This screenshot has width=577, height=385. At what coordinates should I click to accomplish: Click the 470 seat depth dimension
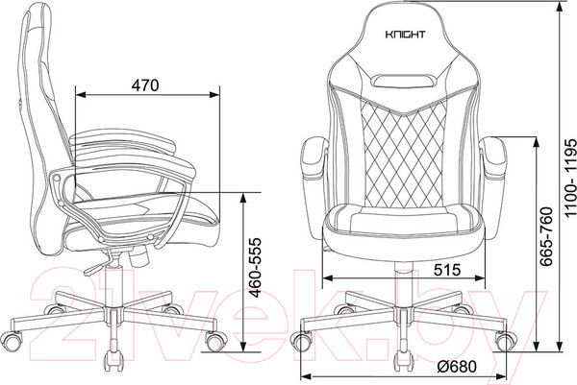coord(145,85)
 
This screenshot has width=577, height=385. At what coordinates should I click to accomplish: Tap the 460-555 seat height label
coord(254,268)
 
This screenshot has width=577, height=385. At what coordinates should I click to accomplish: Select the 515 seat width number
coord(447,270)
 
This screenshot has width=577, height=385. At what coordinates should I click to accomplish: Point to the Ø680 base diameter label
coord(458,366)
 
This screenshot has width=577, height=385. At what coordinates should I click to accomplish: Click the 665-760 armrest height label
coord(546,236)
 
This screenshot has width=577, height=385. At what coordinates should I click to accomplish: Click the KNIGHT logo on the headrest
coord(405,35)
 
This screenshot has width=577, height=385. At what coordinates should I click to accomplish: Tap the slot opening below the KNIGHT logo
coord(404,80)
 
